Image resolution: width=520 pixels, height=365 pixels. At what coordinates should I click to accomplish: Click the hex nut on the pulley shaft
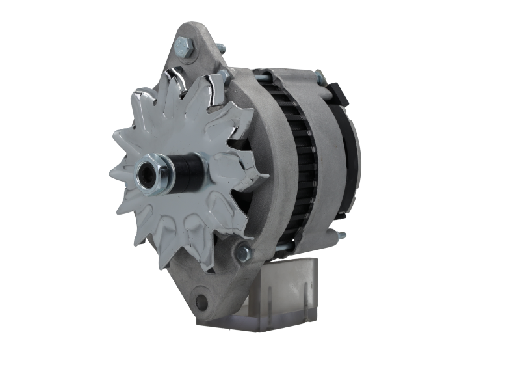pyautogui.click(x=154, y=172)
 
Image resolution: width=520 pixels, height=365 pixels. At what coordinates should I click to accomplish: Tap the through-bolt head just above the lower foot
pyautogui.click(x=244, y=249)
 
